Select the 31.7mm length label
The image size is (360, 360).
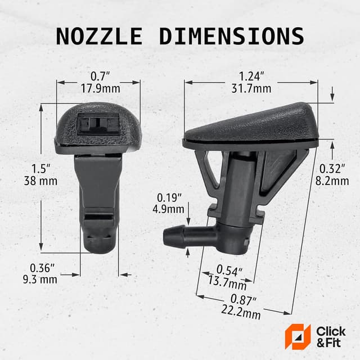(251, 88)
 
